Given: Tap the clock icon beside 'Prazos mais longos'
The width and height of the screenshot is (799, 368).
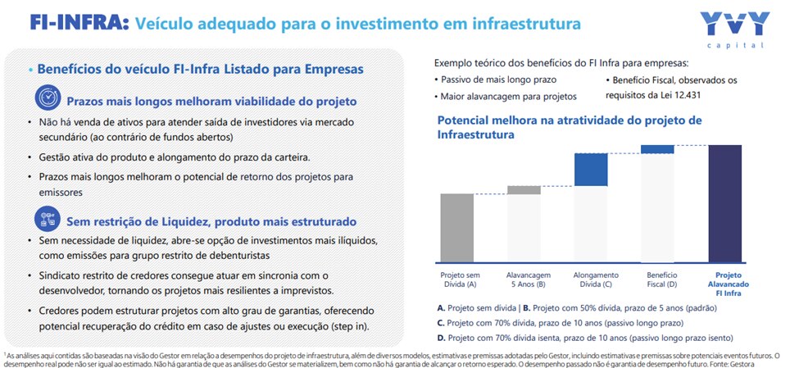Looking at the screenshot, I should pyautogui.click(x=47, y=98).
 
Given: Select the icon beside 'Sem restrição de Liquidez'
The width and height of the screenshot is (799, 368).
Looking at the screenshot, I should pyautogui.click(x=47, y=219).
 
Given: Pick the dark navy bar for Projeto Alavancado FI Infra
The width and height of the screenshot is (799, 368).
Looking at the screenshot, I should pyautogui.click(x=725, y=203).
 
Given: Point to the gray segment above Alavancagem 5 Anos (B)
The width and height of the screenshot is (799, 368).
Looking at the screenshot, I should pyautogui.click(x=529, y=190).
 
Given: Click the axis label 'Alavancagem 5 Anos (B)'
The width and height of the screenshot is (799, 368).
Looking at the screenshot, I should pyautogui.click(x=529, y=279).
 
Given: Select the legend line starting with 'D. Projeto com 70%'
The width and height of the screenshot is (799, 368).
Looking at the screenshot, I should pyautogui.click(x=585, y=338).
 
